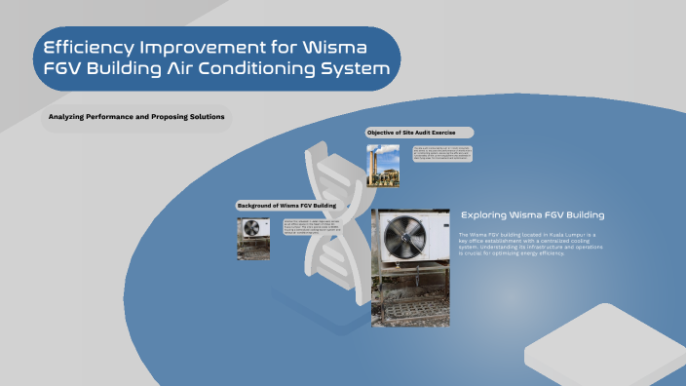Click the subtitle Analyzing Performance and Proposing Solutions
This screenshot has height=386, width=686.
[136, 117]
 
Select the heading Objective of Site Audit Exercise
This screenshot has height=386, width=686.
[419, 132]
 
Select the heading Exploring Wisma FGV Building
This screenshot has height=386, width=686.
[532, 214]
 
